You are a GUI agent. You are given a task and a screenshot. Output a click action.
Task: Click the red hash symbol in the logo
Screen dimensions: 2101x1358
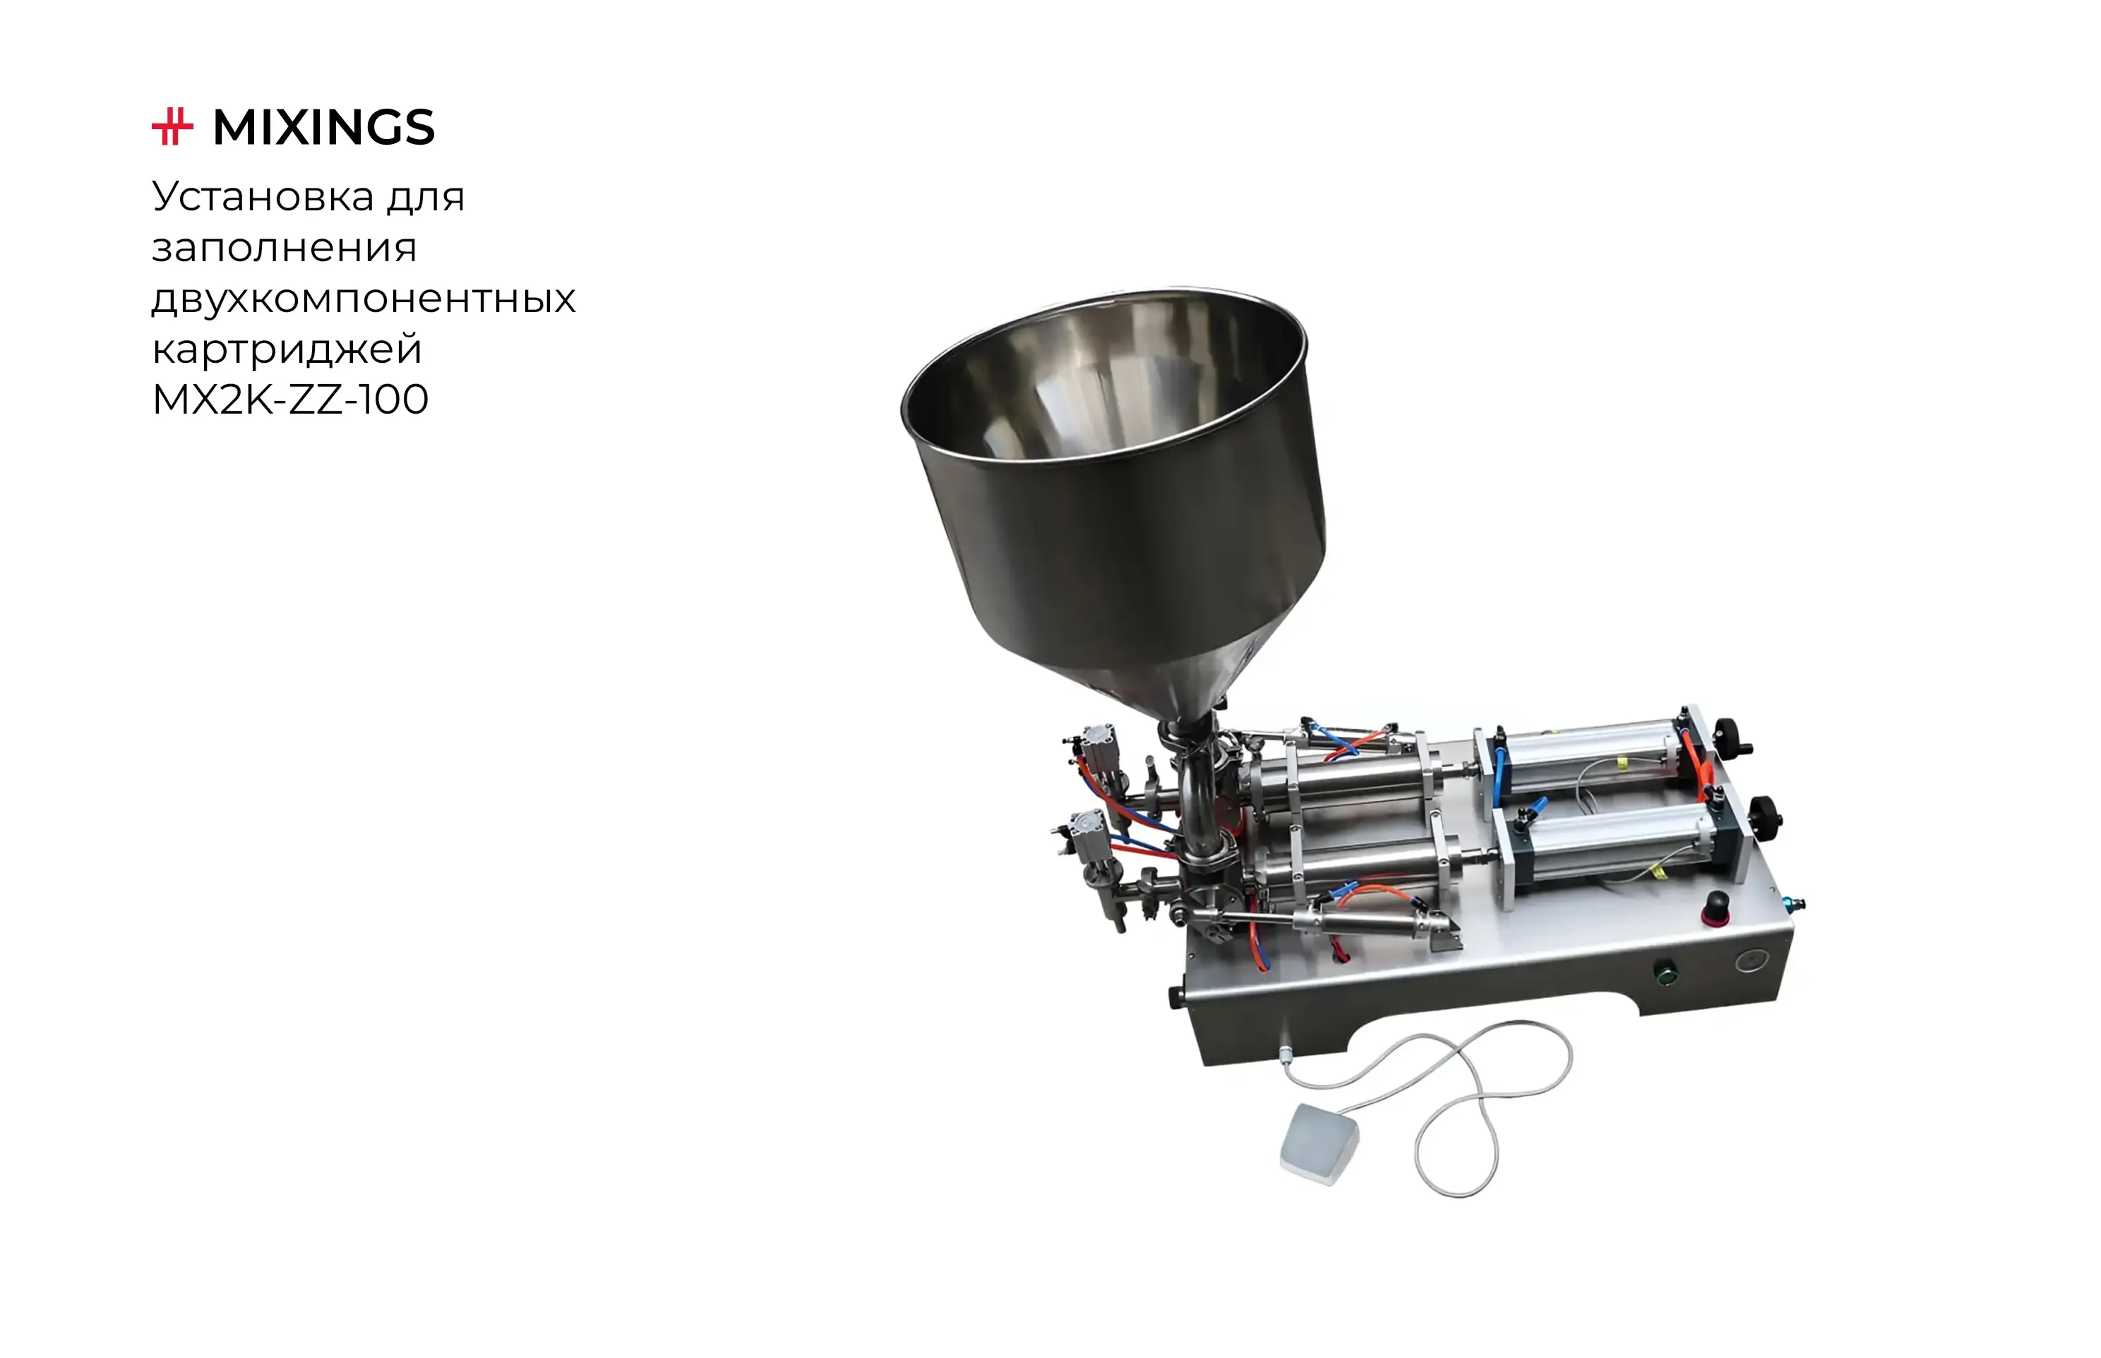click(x=172, y=127)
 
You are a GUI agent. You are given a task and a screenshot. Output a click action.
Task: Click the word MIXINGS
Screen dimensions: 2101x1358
click(x=324, y=128)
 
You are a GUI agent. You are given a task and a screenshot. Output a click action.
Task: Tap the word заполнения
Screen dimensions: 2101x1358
click(x=284, y=248)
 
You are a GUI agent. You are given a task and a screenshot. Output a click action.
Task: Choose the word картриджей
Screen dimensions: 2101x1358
click(x=287, y=349)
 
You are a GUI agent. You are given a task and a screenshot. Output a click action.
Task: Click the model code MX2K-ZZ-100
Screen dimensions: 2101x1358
click(x=290, y=399)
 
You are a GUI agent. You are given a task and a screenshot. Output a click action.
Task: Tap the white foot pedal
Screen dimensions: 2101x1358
click(x=1318, y=1143)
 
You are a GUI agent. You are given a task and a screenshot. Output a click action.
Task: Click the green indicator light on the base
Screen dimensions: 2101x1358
click(x=1666, y=975)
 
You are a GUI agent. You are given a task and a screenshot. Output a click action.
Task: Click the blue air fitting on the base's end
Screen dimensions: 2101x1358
click(x=1790, y=904)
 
